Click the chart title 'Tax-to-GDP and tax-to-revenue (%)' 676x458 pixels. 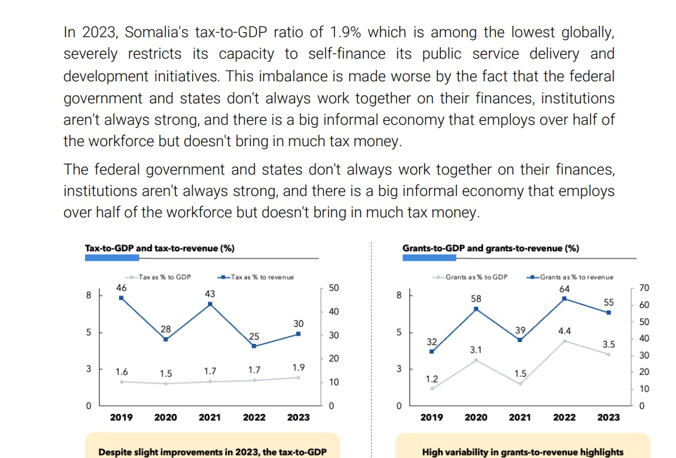click(159, 248)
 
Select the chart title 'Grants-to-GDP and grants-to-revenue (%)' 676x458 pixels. click(490, 248)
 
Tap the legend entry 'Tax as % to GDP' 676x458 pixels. click(164, 277)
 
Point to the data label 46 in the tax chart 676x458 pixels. click(122, 288)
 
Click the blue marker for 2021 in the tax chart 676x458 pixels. click(210, 304)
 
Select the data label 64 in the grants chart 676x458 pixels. click(564, 289)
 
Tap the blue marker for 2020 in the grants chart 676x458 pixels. click(476, 309)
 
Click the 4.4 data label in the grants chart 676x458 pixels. click(564, 330)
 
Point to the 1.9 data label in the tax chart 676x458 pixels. click(299, 367)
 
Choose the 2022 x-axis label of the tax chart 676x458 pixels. click(254, 417)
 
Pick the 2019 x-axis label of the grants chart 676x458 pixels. click(432, 417)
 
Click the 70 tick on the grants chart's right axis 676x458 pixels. click(643, 288)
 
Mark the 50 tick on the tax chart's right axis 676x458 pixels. click(334, 288)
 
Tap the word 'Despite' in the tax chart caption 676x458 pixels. click(115, 452)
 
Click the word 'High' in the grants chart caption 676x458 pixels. click(433, 452)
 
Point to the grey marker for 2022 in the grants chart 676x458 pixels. click(564, 341)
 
